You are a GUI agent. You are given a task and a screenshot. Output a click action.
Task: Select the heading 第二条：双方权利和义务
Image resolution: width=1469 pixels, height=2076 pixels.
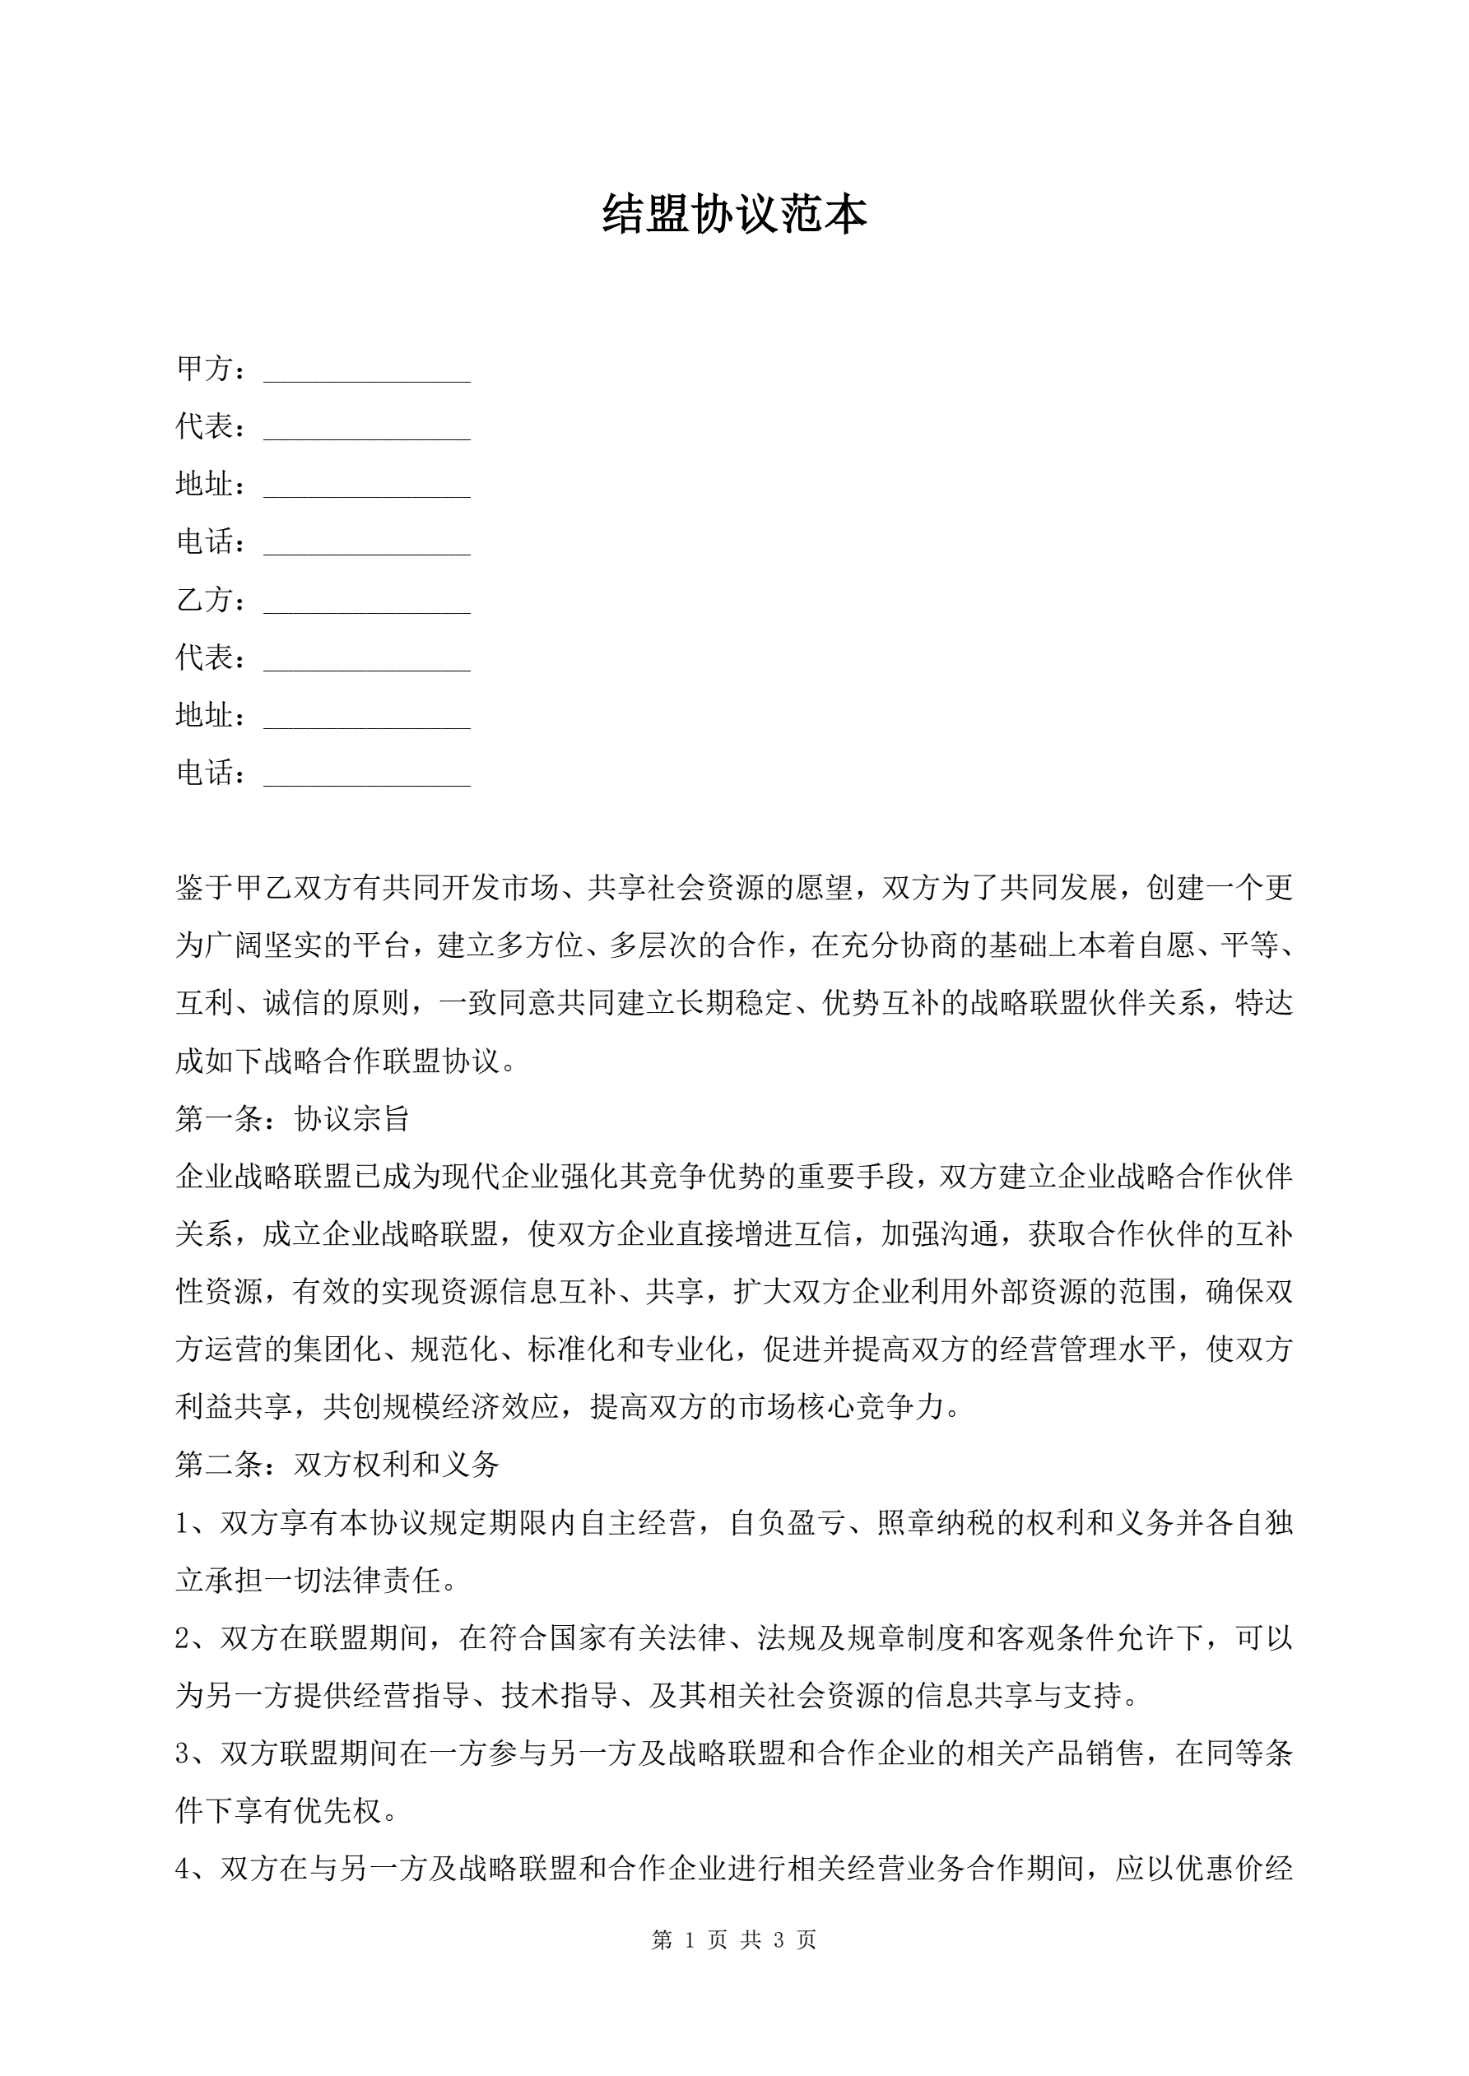point(337,1464)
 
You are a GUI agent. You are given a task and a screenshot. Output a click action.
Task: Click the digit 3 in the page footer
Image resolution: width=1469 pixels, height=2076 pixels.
point(779,1939)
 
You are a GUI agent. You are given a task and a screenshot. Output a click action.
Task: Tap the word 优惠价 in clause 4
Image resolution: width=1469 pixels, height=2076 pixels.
point(1220,1868)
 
